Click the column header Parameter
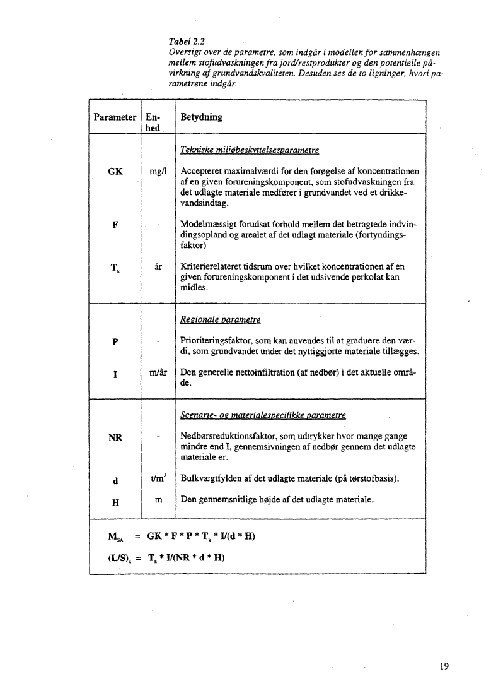point(115,117)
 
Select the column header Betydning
point(201,117)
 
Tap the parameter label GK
point(115,172)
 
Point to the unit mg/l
point(158,172)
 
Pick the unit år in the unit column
point(158,267)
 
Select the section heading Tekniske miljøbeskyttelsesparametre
point(249,150)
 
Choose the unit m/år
point(158,373)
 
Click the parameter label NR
point(115,437)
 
